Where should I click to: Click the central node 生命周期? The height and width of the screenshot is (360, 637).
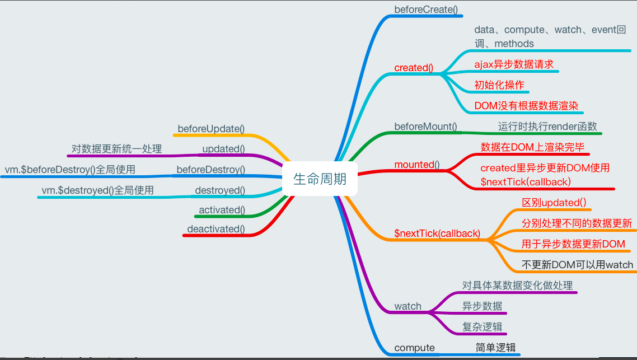(x=320, y=179)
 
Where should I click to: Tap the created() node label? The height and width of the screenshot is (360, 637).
(x=414, y=68)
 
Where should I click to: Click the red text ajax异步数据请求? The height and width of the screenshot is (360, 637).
(x=514, y=64)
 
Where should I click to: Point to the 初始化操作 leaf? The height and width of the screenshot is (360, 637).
(x=499, y=85)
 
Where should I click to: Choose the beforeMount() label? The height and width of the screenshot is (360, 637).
(x=425, y=127)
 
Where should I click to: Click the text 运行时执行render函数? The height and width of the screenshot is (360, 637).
(x=547, y=127)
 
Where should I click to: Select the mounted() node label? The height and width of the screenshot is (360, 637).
(x=417, y=165)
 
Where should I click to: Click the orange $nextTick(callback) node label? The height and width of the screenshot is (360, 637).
(x=437, y=233)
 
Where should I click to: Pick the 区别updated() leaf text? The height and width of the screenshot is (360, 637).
(x=554, y=202)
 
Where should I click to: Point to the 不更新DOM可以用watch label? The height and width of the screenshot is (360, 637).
(x=577, y=265)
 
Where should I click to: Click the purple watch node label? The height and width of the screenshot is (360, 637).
(x=408, y=306)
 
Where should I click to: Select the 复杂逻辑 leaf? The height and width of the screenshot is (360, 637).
(x=482, y=327)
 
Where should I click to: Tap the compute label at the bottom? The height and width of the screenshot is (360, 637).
(x=414, y=348)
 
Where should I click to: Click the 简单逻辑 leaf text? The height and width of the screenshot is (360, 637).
(x=495, y=348)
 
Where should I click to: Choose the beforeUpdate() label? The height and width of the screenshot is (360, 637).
(x=211, y=129)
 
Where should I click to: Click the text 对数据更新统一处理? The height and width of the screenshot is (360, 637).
(x=116, y=149)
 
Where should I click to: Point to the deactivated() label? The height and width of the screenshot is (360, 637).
(x=216, y=229)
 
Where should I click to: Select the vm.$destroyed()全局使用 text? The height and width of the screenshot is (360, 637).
(x=97, y=190)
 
